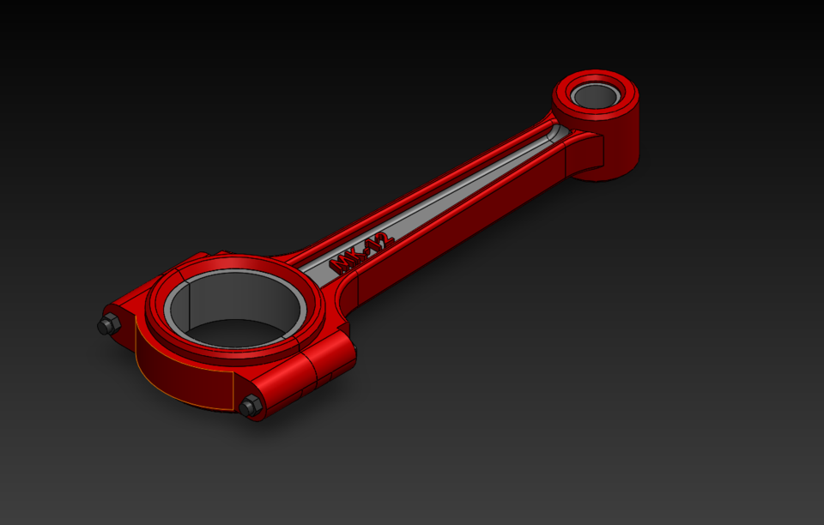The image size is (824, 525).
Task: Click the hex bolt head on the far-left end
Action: click(108, 325)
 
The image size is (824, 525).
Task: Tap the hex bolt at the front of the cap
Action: click(251, 406)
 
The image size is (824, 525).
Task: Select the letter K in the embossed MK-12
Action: click(356, 255)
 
